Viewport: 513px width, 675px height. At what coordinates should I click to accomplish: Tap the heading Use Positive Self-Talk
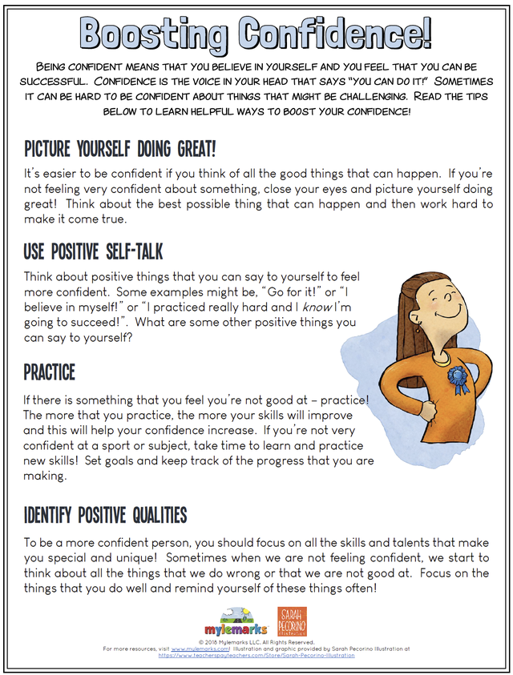click(93, 253)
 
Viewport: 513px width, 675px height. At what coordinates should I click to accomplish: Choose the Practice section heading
click(50, 372)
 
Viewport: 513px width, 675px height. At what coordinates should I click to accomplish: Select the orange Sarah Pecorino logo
click(292, 621)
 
